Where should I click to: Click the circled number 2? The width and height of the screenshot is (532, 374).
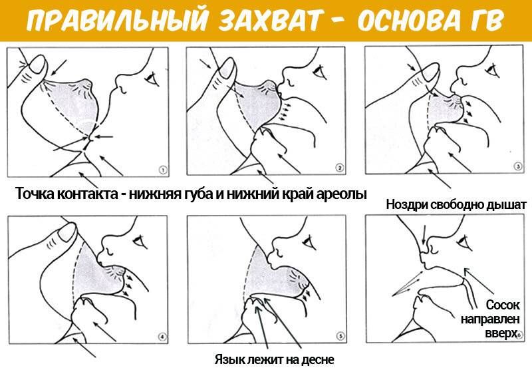tap(338, 168)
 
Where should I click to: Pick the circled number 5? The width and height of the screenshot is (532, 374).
tap(340, 337)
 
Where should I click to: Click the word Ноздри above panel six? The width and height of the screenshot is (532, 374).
tap(407, 206)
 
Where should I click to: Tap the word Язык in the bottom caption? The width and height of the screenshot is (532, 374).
tap(229, 360)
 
